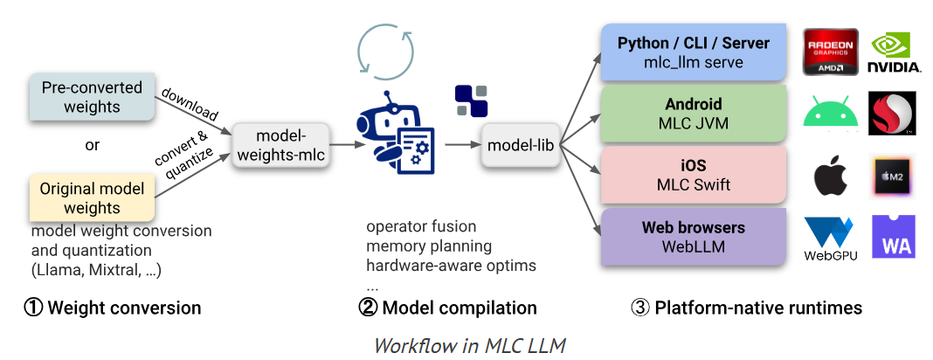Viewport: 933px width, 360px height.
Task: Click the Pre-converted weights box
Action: (x=92, y=98)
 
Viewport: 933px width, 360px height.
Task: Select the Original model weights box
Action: (x=92, y=198)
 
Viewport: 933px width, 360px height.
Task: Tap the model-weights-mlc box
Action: (x=279, y=145)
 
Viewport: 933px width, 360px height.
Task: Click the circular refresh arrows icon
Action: (x=385, y=52)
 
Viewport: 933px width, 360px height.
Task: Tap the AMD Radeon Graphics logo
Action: (x=830, y=52)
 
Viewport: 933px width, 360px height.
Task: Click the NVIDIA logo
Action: (x=894, y=52)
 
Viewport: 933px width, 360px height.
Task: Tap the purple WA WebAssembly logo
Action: (x=893, y=237)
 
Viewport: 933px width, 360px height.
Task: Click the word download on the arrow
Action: (x=190, y=103)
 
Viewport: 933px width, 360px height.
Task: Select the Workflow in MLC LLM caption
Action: (x=469, y=345)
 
